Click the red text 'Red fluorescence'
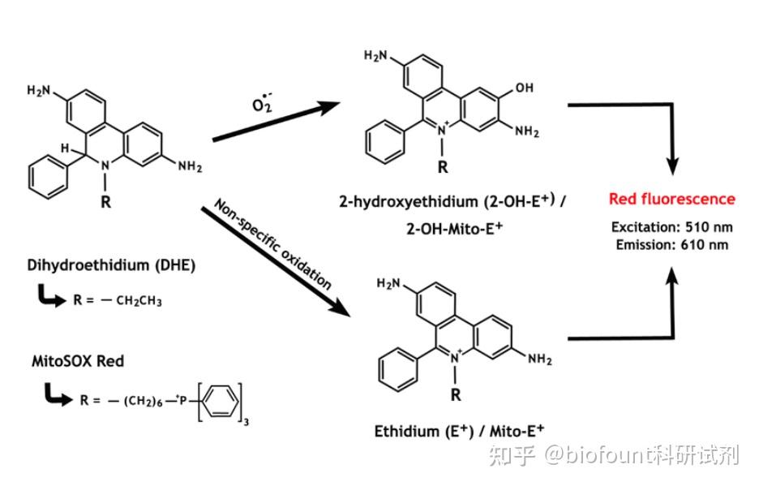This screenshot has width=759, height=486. click(x=672, y=199)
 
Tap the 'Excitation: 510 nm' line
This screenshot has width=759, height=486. click(x=671, y=227)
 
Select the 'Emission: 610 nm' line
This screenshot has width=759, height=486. click(x=671, y=244)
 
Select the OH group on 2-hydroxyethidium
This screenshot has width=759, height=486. click(x=524, y=88)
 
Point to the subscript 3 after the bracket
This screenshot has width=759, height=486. click(x=256, y=421)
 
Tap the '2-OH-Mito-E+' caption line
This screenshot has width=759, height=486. click(x=456, y=228)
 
